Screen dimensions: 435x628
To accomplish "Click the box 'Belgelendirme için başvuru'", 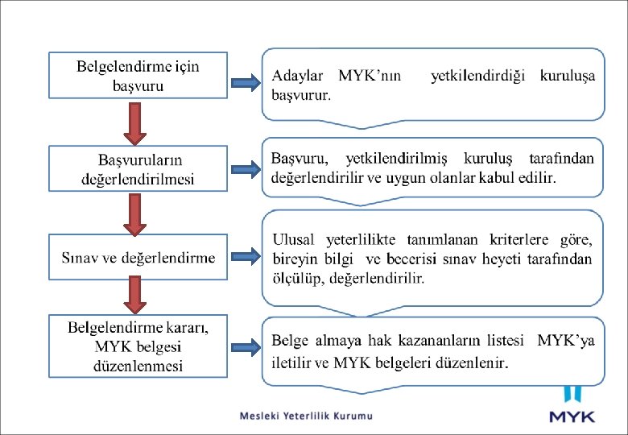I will pos(137,75).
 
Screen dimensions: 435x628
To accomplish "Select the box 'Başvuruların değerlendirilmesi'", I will pos(138,168).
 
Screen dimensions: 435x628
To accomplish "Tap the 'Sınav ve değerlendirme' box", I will pos(138,258).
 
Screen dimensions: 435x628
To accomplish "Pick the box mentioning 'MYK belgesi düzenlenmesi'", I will pos(138,346).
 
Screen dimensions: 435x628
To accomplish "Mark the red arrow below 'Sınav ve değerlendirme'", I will pos(136,295).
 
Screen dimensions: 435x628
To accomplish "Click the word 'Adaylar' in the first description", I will pos(298,76).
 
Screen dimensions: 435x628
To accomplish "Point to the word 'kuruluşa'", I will pos(568,77).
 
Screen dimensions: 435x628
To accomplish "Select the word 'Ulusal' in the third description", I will pos(295,239).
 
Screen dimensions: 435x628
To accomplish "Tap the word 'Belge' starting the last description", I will pos(291,340).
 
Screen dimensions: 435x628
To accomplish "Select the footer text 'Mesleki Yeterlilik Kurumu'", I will pos(307,416).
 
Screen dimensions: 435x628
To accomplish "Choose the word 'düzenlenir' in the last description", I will pos(472,362).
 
